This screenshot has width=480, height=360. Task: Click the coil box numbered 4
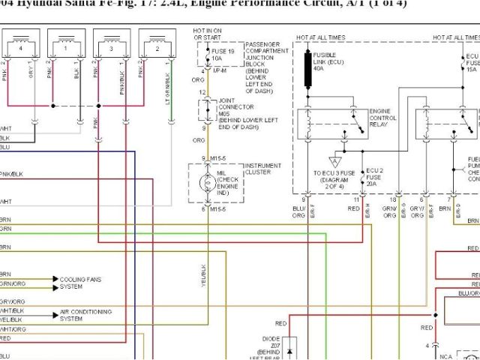click(x=22, y=43)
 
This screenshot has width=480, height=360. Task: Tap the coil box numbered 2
click(x=157, y=43)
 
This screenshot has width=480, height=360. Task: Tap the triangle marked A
click(x=334, y=160)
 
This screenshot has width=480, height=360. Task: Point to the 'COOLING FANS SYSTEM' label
click(x=80, y=283)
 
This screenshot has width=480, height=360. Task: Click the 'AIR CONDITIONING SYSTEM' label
click(x=85, y=315)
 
